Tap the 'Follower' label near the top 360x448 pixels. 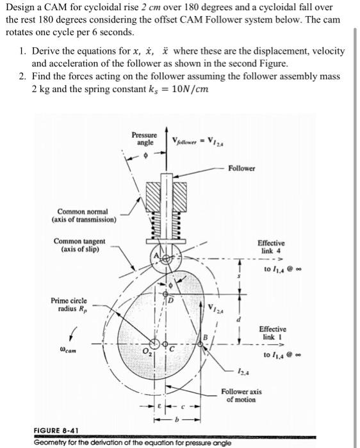(x=241, y=168)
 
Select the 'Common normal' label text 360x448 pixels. (x=83, y=215)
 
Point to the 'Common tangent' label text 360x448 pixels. (x=80, y=244)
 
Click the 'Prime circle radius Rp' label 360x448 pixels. (x=69, y=304)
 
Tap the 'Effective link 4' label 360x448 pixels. (x=271, y=248)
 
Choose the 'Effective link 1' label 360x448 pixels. (x=272, y=332)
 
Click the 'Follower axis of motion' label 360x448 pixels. (x=241, y=395)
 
